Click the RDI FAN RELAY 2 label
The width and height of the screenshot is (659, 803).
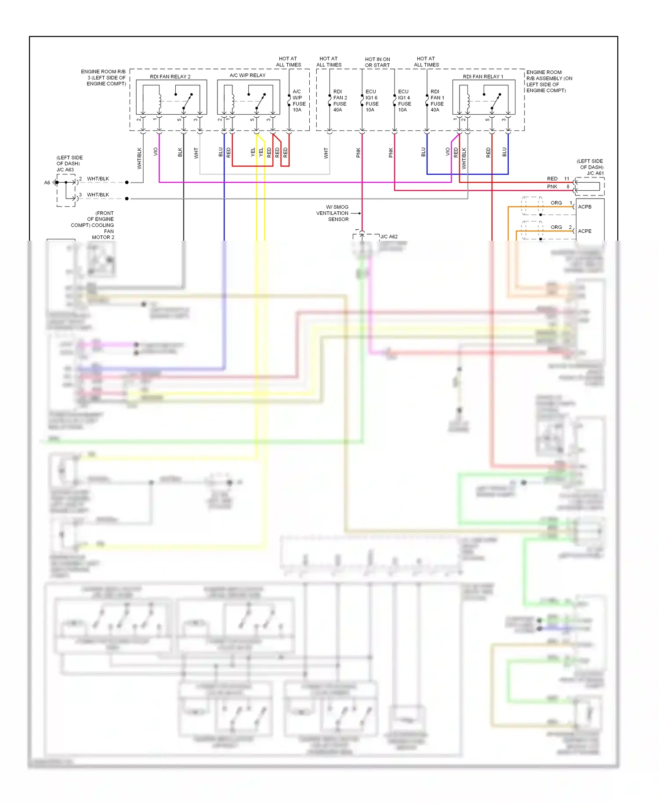(170, 76)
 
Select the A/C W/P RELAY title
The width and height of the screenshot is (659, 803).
(247, 75)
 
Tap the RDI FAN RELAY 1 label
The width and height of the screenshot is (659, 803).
(483, 76)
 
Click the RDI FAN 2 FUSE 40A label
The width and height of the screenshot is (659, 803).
(340, 101)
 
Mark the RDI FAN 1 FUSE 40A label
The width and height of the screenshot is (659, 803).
(437, 101)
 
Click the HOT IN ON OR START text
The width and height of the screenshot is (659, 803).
(377, 62)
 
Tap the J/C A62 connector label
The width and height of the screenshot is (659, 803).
(389, 236)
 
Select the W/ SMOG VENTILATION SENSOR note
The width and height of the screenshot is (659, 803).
(333, 213)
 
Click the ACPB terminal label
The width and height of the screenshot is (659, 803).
(584, 206)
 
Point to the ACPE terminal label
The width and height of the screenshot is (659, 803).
(584, 231)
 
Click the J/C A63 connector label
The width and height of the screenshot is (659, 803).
(65, 170)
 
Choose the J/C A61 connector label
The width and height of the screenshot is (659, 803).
(595, 173)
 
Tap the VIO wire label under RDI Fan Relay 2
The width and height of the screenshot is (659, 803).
(156, 152)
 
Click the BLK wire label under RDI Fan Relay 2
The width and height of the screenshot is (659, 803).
(180, 152)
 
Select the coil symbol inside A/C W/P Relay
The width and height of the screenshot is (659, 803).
(232, 101)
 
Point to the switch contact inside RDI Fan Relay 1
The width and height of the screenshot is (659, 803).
(495, 101)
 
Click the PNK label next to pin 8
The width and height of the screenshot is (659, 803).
(552, 187)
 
